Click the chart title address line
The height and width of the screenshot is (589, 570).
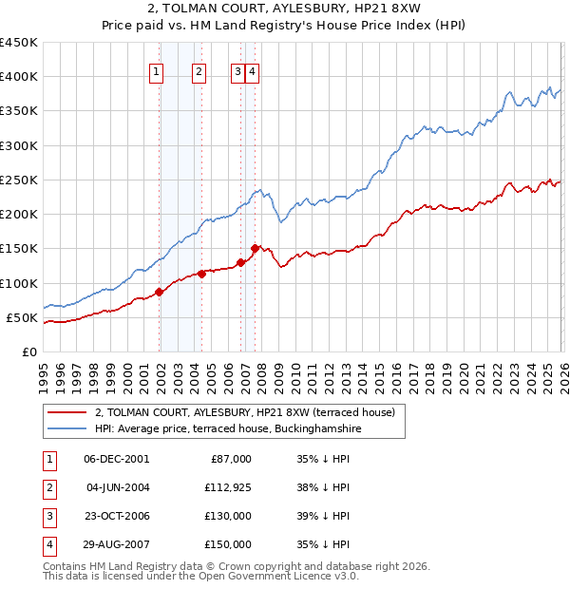tap(285, 8)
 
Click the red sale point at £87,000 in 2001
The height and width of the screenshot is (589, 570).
tap(160, 292)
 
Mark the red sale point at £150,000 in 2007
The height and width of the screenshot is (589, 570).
tap(256, 248)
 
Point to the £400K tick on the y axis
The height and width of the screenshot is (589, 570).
tap(19, 77)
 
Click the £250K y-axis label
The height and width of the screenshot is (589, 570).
tap(19, 180)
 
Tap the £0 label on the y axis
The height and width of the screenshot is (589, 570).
tap(28, 351)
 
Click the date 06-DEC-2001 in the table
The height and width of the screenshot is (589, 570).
tap(115, 458)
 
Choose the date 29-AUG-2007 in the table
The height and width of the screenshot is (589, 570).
tap(115, 544)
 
